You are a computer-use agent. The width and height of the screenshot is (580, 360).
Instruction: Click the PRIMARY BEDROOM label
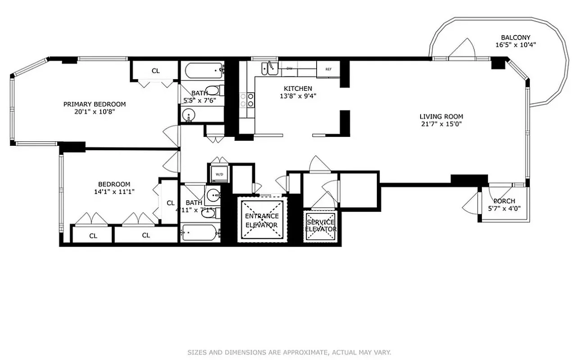pos(94,104)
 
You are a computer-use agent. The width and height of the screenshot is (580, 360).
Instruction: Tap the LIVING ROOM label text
pos(441,117)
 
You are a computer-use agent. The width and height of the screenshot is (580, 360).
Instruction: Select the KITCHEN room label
pos(298,89)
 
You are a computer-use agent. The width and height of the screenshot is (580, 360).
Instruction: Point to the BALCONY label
pos(516,38)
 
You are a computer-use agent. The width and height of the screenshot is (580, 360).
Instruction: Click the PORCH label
pos(504,201)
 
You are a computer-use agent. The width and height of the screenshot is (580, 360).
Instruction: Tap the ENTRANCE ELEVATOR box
pos(262,220)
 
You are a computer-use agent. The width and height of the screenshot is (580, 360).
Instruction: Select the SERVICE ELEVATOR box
pos(320,225)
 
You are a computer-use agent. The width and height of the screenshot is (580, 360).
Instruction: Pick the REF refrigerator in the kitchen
pos(328,69)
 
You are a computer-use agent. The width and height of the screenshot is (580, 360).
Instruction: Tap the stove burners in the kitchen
pos(246,99)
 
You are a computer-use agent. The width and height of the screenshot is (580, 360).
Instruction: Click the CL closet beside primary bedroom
pos(155,71)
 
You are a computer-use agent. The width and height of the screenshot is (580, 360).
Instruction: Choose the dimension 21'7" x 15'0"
pos(441,124)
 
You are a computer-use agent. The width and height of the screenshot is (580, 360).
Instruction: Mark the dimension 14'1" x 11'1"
pos(114,191)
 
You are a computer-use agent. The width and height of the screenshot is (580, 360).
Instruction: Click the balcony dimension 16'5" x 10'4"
pos(516,45)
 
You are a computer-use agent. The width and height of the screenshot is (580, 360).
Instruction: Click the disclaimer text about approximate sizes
pos(289,352)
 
